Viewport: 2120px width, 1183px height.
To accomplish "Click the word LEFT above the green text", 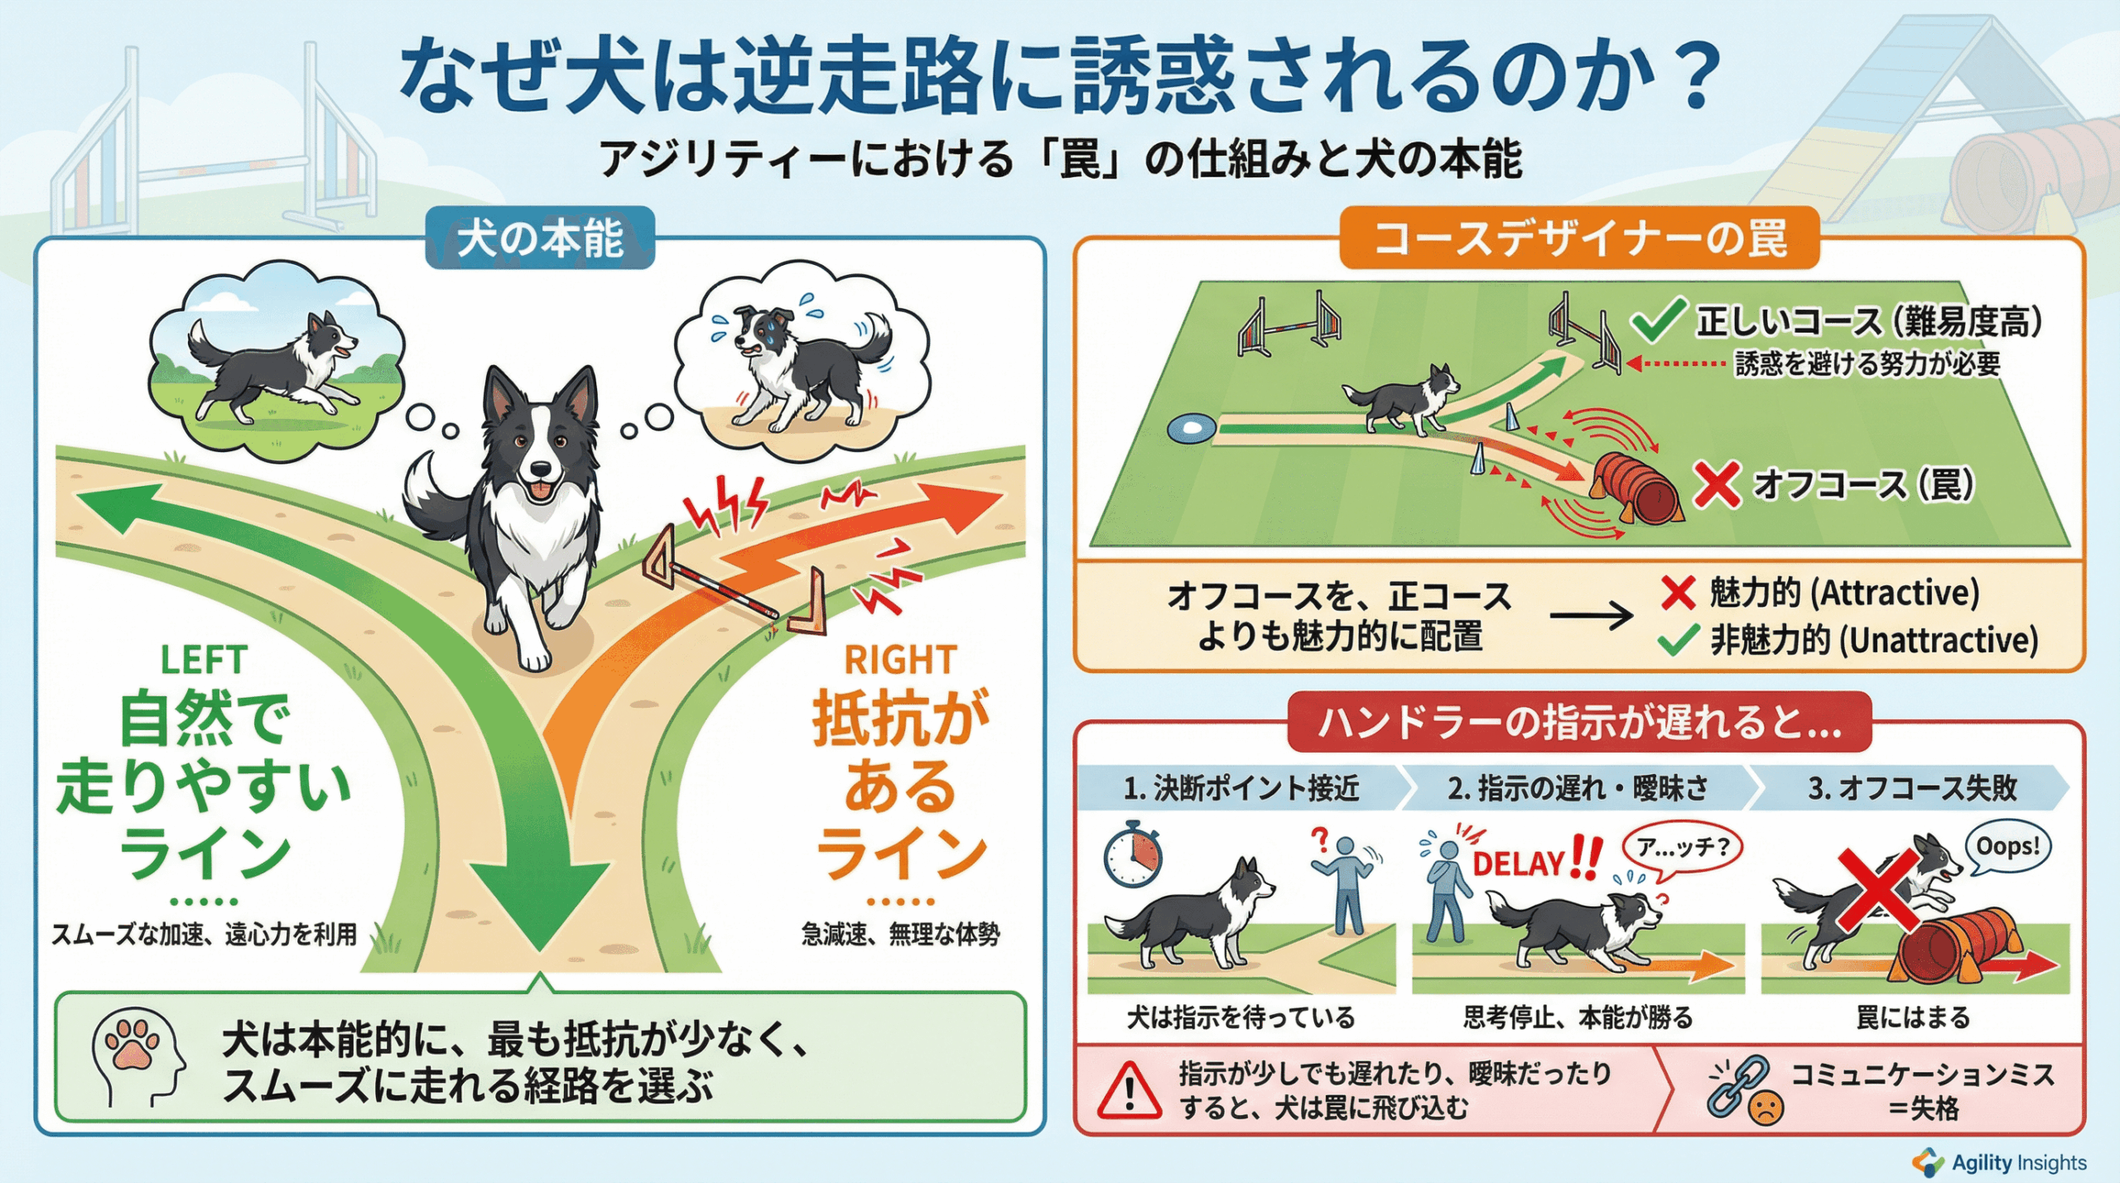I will point(204,660).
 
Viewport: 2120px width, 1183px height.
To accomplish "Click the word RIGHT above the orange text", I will point(900,660).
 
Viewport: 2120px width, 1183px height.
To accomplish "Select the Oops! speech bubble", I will point(2007,847).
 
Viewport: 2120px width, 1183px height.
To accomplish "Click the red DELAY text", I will point(1518,863).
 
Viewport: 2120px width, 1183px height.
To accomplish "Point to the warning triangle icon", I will point(1129,1091).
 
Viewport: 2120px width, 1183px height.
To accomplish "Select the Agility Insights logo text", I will point(2018,1162).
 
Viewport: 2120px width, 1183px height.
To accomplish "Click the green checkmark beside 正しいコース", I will point(1659,320).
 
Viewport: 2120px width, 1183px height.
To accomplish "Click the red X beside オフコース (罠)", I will point(1716,485).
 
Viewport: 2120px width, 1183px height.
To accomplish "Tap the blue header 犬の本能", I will point(540,238).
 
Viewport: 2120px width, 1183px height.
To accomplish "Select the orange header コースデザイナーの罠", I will point(1579,238).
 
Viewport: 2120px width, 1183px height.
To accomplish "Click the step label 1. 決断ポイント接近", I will point(1241,787).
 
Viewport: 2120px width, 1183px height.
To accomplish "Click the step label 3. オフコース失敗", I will point(1912,787).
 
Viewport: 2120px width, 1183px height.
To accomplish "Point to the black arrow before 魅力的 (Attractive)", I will point(1590,616).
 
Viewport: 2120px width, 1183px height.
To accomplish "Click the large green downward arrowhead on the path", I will point(539,902).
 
